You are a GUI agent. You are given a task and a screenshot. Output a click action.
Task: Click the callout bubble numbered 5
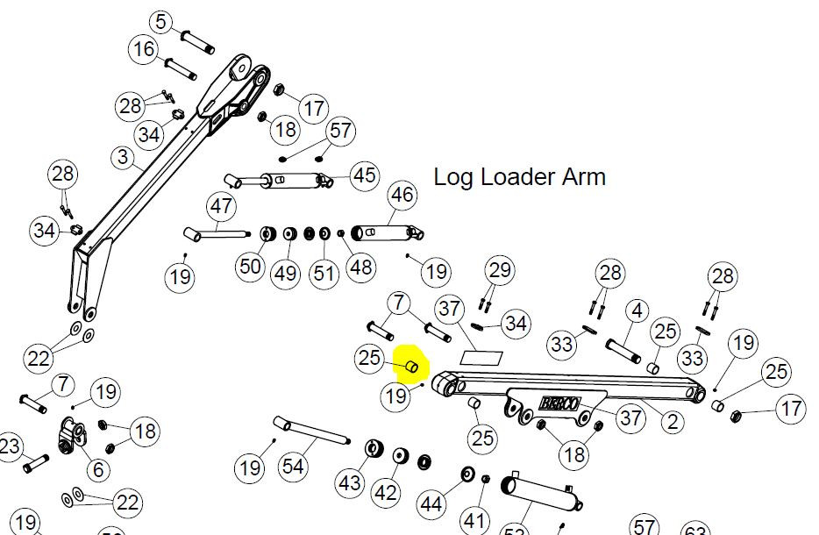(160, 22)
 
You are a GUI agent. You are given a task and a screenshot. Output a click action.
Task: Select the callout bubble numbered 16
(146, 49)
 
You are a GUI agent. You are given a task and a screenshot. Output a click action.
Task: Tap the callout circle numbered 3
(122, 157)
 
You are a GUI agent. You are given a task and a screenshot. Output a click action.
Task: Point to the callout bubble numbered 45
(365, 175)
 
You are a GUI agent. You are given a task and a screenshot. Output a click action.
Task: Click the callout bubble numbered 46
(402, 195)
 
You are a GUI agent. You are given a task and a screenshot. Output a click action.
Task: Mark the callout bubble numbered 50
(251, 266)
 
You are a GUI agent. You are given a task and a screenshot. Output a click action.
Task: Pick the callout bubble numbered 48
(361, 267)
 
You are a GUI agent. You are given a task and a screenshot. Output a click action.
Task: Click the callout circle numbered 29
(499, 269)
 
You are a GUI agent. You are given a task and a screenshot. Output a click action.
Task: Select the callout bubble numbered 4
(637, 310)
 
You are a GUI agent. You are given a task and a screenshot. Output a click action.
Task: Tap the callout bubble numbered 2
(673, 422)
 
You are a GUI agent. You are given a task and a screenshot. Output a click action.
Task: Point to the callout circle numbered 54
(293, 467)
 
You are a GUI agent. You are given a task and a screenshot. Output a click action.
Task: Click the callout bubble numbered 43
(350, 482)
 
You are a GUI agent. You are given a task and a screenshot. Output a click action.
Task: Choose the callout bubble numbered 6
(97, 470)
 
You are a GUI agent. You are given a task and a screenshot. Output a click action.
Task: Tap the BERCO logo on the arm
(559, 404)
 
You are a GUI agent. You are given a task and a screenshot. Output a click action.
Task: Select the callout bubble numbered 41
(474, 521)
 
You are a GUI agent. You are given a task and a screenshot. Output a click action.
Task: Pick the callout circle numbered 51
(324, 272)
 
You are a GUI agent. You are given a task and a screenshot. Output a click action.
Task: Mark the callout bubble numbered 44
(431, 503)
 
